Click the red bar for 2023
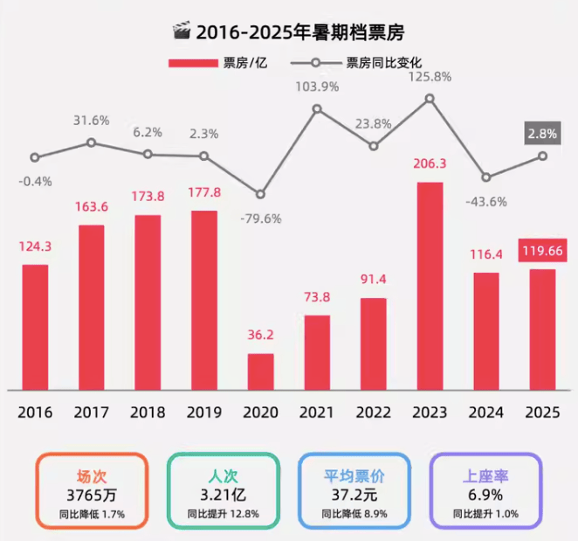point(430,286)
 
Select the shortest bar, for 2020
point(260,371)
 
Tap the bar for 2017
point(92,307)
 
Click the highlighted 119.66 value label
point(542,252)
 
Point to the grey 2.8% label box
point(542,134)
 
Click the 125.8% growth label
point(430,76)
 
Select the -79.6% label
point(260,218)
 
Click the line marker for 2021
point(317,109)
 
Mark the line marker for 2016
point(35,158)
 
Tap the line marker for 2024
point(486,177)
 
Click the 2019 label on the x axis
point(203,413)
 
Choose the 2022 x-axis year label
point(373,413)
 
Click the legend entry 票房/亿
point(217,63)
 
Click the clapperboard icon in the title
point(182,32)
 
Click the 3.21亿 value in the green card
point(224,496)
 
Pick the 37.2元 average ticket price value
point(354,496)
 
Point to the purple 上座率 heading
point(487,476)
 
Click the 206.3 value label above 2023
point(430,163)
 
